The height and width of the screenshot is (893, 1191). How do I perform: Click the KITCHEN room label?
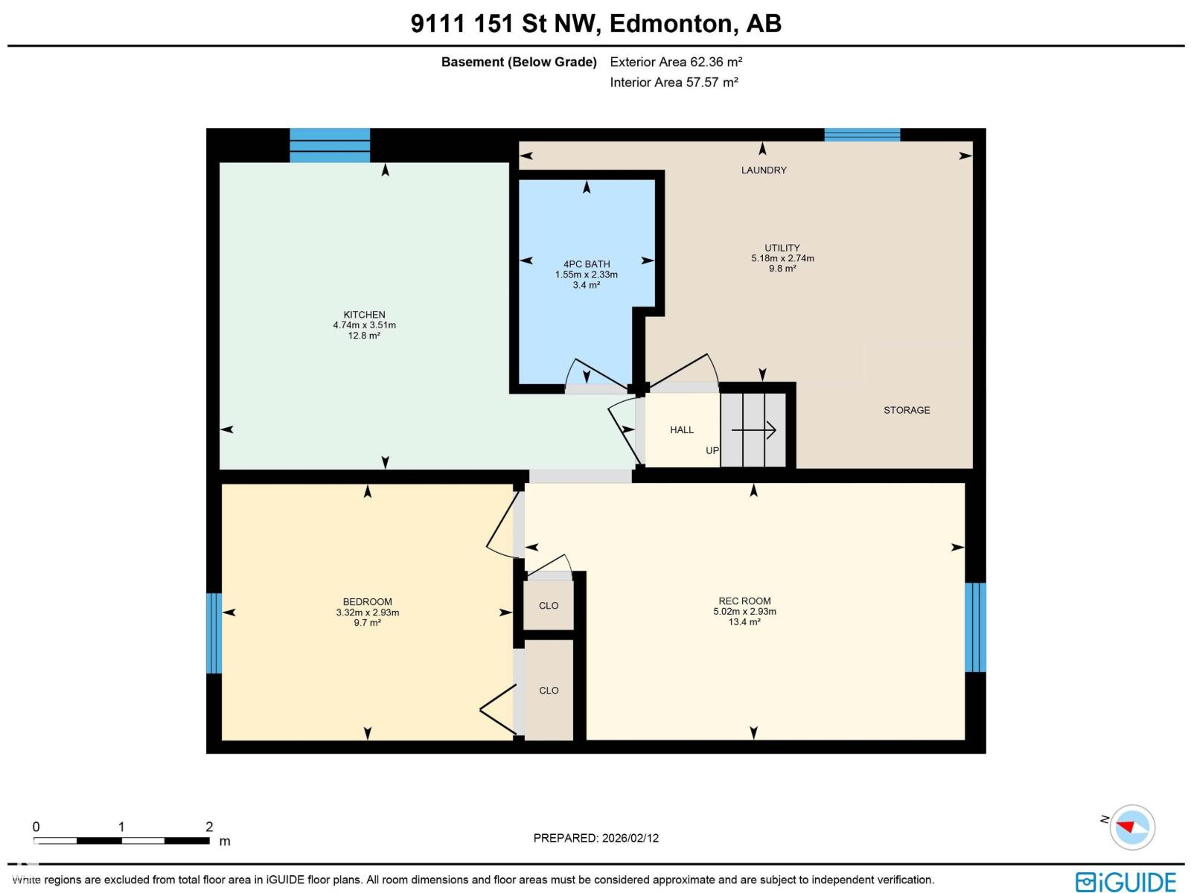(x=364, y=315)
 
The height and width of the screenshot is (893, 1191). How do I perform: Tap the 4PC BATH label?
(x=587, y=264)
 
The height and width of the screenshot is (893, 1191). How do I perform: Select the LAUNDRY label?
(x=764, y=170)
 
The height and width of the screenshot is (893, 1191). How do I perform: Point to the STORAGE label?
(x=907, y=410)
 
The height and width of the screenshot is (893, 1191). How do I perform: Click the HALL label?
(x=681, y=430)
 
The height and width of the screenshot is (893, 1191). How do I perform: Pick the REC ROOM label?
(x=744, y=601)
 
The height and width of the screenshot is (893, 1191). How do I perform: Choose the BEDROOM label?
(x=367, y=602)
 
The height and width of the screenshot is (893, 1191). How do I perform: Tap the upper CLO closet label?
(x=549, y=606)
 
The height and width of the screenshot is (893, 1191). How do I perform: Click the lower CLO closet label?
(x=549, y=691)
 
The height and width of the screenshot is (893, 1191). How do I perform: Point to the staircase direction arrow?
(x=754, y=430)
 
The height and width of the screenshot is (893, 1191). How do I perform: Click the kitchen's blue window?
(x=330, y=145)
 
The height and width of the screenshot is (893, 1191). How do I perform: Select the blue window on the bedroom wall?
(x=214, y=633)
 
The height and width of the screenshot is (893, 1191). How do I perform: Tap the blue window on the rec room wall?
(x=975, y=627)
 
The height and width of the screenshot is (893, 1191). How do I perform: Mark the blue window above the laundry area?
(x=862, y=135)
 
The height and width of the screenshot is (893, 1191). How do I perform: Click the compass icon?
(x=1132, y=827)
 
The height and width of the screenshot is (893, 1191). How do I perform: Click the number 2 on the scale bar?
(x=209, y=827)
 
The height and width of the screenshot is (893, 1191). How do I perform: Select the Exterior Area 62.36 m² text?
(x=676, y=62)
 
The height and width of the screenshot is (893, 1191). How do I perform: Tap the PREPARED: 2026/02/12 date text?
(x=596, y=838)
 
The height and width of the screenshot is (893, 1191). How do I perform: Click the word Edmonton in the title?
(x=671, y=24)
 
